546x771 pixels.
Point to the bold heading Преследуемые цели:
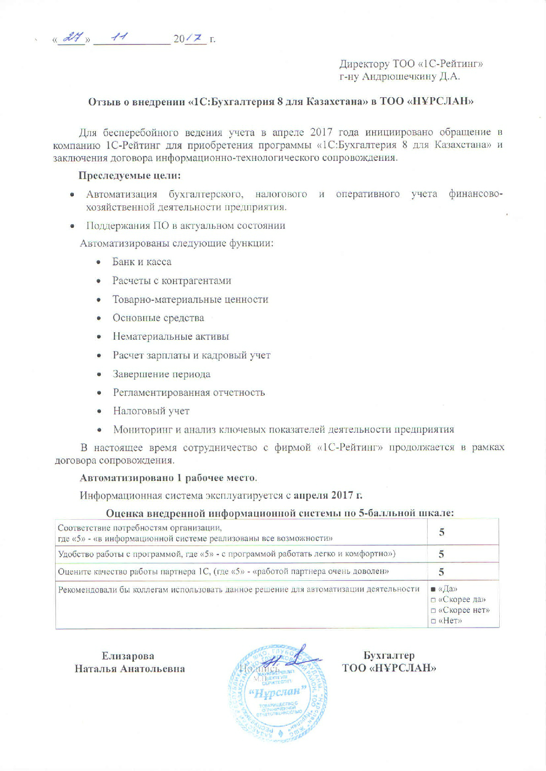[x=130, y=175]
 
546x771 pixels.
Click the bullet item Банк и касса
[x=142, y=262]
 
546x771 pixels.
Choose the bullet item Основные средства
[x=158, y=318]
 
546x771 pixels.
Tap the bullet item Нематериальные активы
[x=171, y=336]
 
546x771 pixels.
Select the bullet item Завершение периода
[x=162, y=374]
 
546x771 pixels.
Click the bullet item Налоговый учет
[x=151, y=411]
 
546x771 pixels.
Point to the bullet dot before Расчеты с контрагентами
[x=99, y=281]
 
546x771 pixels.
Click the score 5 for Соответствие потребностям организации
[x=441, y=532]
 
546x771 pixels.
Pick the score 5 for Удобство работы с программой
[x=441, y=554]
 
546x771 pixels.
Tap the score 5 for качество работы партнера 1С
[x=441, y=572]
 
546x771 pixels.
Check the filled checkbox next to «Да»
[x=433, y=589]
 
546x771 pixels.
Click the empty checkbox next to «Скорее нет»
[x=433, y=611]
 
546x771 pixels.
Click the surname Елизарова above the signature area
[x=128, y=656]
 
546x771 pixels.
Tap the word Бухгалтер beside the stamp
[x=389, y=655]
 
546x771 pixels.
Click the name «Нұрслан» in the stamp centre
[x=278, y=691]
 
